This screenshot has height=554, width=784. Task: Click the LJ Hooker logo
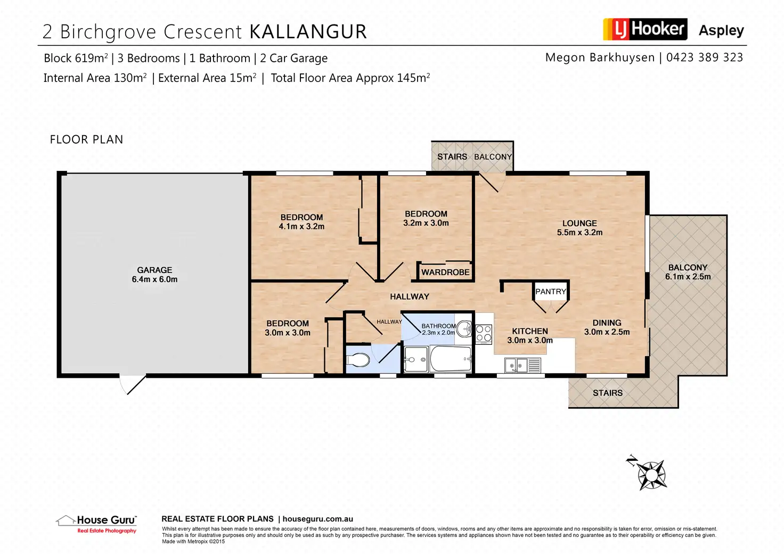coord(645,29)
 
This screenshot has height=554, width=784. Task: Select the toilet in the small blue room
coord(358,360)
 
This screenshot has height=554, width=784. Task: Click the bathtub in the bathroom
coord(451,359)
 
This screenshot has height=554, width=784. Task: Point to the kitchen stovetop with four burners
coord(484,334)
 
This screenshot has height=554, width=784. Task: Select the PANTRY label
coord(551,292)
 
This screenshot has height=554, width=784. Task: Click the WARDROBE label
coord(445,272)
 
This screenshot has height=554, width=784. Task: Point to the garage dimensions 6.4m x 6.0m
coord(154,279)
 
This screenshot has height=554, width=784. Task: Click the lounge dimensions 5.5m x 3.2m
coord(579,233)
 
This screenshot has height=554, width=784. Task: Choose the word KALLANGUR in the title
coord(308,31)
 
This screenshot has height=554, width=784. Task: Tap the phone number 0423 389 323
coord(705,57)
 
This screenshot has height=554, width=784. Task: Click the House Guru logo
coord(96,524)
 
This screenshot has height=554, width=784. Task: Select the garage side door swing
coord(133,385)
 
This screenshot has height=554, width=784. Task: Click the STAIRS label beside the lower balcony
coord(608,393)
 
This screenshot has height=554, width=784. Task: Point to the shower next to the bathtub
coord(416,359)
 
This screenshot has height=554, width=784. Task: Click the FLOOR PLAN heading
coord(86,139)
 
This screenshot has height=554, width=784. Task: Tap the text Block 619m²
coord(76,58)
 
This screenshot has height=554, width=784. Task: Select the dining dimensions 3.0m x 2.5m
coord(607,332)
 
